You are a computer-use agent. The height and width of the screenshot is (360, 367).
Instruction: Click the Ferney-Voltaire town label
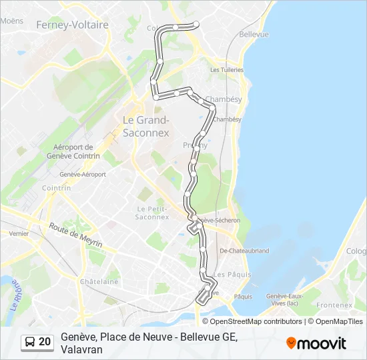pos(72,25)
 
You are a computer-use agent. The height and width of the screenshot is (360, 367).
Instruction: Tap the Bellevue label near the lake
pos(254,34)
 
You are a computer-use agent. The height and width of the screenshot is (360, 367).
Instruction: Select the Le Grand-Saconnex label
pos(146,126)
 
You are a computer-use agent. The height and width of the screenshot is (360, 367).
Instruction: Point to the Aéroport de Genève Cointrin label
pos(73,151)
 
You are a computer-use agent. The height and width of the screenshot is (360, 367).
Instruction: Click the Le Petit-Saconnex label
pos(152,212)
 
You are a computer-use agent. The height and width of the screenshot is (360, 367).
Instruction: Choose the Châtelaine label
pos(99,282)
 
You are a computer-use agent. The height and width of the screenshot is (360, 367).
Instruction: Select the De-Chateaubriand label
pos(244,251)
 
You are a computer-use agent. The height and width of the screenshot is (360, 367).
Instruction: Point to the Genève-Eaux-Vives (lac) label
pos(285,299)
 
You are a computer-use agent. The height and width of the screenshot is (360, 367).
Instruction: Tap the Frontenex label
pos(334,305)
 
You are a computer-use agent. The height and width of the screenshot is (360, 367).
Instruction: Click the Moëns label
pos(12,21)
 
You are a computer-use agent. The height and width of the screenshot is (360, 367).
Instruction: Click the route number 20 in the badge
pos(45,342)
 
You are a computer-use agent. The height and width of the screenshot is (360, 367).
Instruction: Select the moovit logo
pos(316,343)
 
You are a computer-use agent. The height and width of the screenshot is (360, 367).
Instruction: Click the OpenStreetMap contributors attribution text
pos(256,321)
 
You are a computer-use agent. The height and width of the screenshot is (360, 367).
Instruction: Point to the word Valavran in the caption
pos(81,349)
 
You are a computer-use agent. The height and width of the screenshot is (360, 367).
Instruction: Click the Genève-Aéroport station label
pos(83,174)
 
